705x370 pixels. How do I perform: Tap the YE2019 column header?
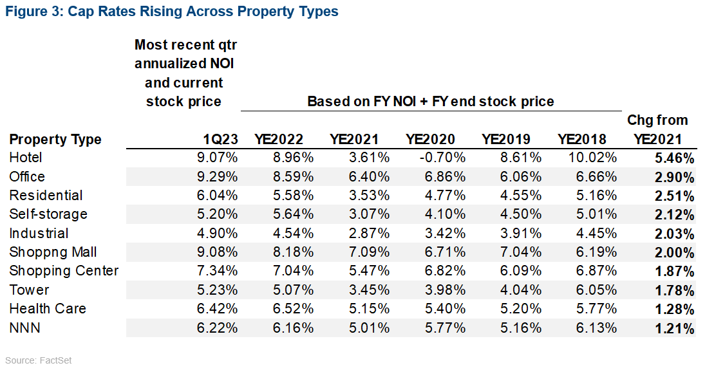point(506,139)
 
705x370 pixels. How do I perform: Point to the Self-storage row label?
point(48,214)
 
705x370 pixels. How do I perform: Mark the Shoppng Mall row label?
point(54,252)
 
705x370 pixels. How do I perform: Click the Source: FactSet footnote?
point(38,360)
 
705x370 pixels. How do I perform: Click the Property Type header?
point(55,139)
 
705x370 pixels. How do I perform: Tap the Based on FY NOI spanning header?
point(431,101)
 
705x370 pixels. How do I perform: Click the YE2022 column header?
point(279,139)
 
